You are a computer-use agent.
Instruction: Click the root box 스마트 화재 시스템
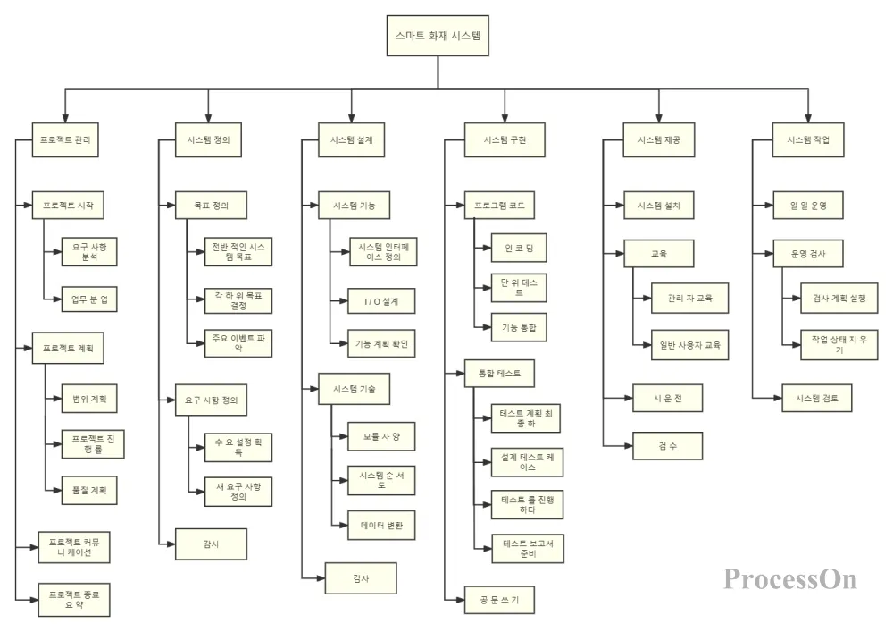tap(438, 38)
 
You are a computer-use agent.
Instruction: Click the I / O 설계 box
tap(383, 301)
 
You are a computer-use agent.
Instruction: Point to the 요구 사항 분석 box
tap(83, 251)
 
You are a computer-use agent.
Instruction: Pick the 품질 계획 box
tap(83, 489)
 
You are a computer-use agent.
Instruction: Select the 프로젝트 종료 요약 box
tap(74, 595)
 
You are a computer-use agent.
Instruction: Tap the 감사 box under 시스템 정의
tap(211, 544)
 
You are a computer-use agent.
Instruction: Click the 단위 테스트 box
tap(519, 287)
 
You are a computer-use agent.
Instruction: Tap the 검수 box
tap(666, 444)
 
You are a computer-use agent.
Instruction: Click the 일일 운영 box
tap(808, 206)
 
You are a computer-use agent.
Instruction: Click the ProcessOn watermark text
tap(789, 578)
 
